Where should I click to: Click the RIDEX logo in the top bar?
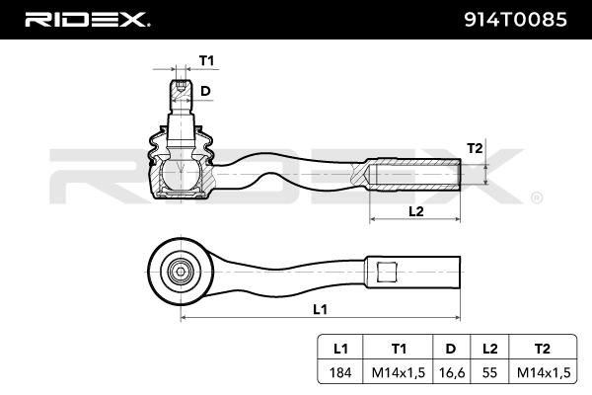click(87, 19)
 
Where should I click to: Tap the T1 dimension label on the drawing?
click(206, 61)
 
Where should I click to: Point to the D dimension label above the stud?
click(205, 91)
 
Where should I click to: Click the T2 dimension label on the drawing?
click(475, 148)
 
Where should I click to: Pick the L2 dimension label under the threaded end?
click(415, 211)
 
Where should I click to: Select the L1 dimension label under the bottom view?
click(319, 309)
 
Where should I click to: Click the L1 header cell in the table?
click(340, 348)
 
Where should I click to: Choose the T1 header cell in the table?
click(399, 348)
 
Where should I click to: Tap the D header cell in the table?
click(450, 348)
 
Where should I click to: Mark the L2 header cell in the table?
click(490, 348)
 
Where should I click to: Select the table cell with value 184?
click(340, 372)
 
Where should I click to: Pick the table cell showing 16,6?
click(450, 372)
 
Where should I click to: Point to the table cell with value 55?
click(490, 372)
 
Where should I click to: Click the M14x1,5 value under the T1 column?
click(399, 372)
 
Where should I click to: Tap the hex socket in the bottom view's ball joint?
click(181, 269)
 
